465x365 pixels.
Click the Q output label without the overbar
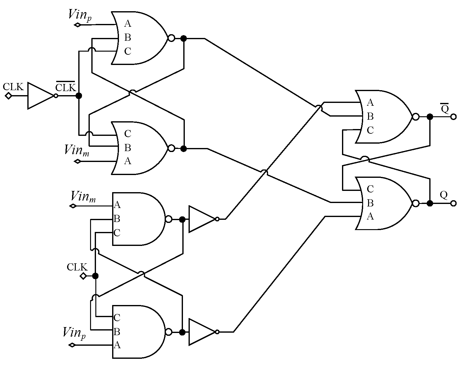coord(444,195)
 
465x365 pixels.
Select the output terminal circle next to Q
coord(453,203)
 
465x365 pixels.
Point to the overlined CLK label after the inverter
coord(66,87)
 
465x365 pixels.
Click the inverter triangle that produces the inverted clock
coord(40,96)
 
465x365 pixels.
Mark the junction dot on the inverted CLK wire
coord(79,96)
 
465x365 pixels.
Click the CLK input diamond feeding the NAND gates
coord(83,276)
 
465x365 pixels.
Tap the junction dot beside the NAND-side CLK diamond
coord(95,276)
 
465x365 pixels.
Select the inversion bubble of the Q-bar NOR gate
coord(415,117)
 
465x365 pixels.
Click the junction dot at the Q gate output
coord(430,203)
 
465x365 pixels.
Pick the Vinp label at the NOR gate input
coord(80,15)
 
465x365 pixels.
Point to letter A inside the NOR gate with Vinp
coord(128,24)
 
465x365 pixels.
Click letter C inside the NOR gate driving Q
coord(370,189)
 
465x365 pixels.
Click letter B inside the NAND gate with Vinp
coord(117,332)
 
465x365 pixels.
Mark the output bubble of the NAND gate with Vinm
coord(169,219)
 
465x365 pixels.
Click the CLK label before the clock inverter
coord(13,87)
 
